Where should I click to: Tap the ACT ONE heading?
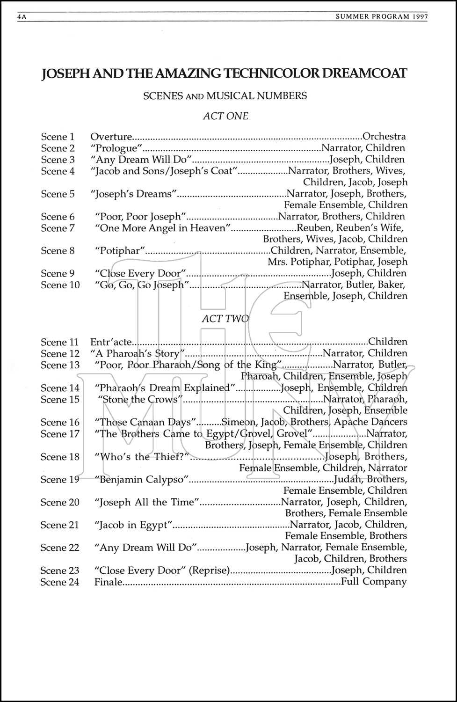[x=225, y=116]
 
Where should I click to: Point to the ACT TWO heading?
[x=225, y=319]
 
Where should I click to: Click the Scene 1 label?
[x=58, y=137]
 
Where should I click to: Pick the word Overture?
[x=111, y=137]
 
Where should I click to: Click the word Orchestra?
[x=384, y=137]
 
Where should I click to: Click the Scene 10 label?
[x=60, y=285]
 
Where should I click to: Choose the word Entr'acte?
[x=111, y=342]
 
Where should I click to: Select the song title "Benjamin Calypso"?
[x=141, y=480]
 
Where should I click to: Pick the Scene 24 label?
[x=60, y=582]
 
